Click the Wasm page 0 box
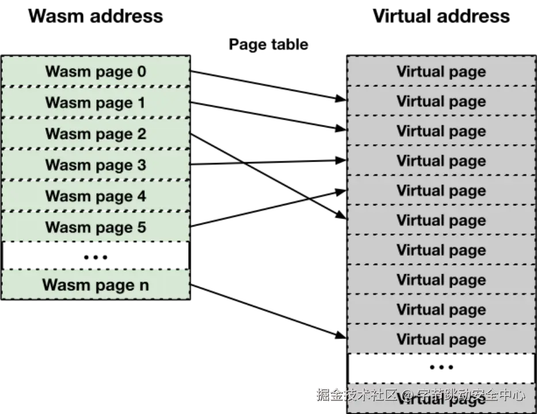pos(96,71)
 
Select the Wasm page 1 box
pos(96,102)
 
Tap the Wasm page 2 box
pos(96,133)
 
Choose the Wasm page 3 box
pos(96,165)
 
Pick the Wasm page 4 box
pos(96,196)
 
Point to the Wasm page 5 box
pos(96,227)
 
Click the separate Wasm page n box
pos(96,284)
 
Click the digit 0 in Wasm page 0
pos(141,71)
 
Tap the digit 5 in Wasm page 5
pos(141,227)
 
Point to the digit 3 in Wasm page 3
pos(141,165)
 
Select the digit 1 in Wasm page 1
pos(141,102)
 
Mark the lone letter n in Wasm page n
pos(143,285)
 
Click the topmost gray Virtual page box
pos(441,71)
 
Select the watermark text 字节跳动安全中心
pos(471,395)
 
